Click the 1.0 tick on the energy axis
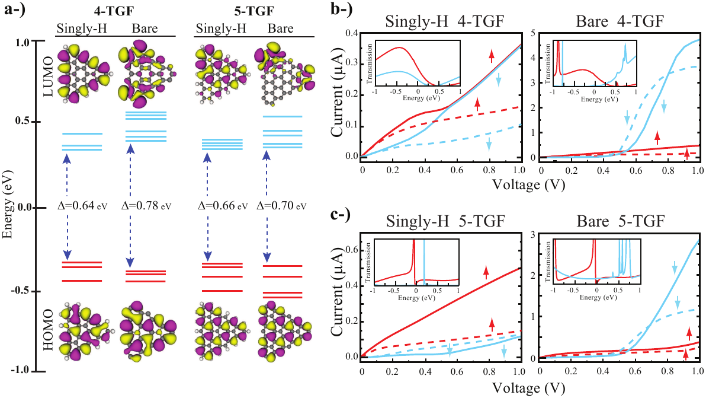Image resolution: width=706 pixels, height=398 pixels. tap(23, 42)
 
